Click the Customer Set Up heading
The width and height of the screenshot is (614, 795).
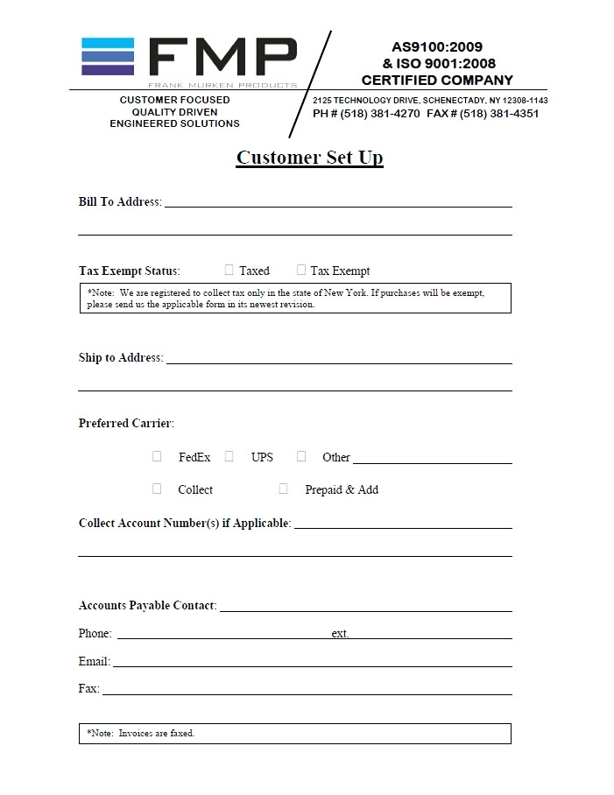coord(309,158)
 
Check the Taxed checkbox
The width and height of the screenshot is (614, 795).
coord(229,271)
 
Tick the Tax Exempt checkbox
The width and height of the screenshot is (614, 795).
coord(301,271)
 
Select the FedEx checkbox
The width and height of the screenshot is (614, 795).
coord(157,456)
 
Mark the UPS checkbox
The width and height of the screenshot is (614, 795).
coord(229,456)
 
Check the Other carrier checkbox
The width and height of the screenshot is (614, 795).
coord(301,456)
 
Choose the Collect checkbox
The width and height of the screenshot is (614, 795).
coord(157,489)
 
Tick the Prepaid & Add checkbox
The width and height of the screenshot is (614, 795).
coord(283,489)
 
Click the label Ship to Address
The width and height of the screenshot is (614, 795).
coord(120,358)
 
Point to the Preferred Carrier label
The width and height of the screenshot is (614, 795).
coord(125,424)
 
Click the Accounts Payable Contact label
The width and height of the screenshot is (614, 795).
coord(146,606)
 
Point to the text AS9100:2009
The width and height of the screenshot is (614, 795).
coord(436,47)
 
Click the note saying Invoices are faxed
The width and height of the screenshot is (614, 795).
coord(141,733)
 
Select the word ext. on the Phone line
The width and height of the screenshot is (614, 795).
coord(340,634)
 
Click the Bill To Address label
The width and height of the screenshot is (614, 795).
coord(119,202)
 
